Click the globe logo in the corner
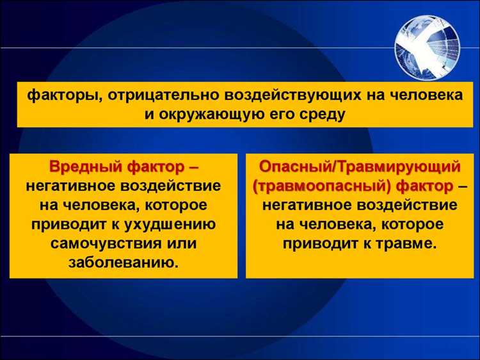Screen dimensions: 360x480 [428, 46]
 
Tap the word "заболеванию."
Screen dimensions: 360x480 [124, 263]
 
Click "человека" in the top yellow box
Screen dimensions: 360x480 [424, 95]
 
